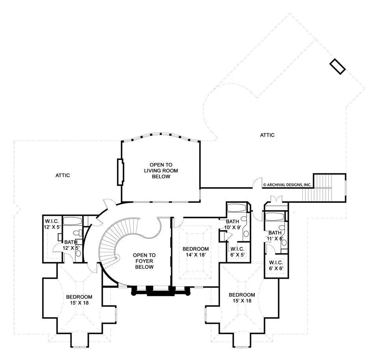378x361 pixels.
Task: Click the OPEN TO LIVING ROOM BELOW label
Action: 161,170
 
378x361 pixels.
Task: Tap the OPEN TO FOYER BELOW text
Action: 144,261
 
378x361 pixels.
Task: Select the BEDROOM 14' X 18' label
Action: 196,252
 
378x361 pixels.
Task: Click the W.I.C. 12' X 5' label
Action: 52,224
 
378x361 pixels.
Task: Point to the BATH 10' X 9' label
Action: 233,224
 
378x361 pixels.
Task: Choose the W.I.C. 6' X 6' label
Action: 276,265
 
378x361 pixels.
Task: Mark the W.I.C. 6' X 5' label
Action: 237,252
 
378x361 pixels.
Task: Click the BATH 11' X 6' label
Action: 275,236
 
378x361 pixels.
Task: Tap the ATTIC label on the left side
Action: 63,176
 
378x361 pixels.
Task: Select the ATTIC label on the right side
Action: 267,135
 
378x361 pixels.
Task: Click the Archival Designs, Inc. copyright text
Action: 287,185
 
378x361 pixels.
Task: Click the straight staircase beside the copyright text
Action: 317,188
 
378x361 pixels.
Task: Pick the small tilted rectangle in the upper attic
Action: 337,67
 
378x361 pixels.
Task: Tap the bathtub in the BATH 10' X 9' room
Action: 237,208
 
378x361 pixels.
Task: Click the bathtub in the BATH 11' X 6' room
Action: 274,216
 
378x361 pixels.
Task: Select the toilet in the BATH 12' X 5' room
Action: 78,233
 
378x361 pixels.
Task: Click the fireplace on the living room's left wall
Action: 120,172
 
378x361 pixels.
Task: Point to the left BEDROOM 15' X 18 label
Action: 79,300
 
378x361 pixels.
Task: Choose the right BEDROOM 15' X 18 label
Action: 242,298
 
